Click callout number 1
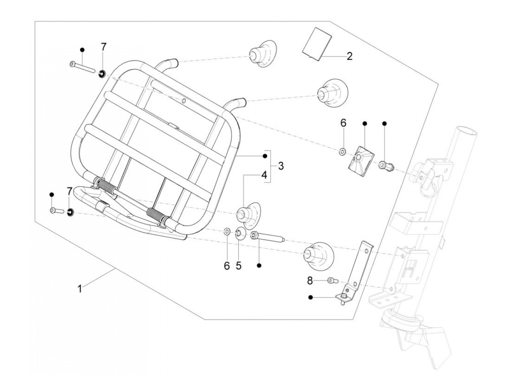79,289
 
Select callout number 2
349,56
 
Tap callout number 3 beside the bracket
281,166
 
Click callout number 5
239,266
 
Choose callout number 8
310,281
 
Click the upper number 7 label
103,47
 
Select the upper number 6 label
343,123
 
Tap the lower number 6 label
227,266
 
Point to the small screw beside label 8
333,281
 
